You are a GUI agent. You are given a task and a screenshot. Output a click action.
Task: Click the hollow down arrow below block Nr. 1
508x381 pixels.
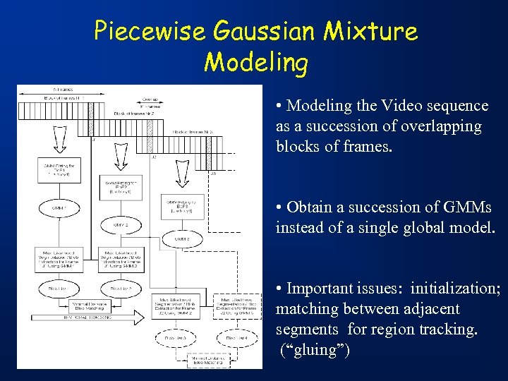pos(53,135)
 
